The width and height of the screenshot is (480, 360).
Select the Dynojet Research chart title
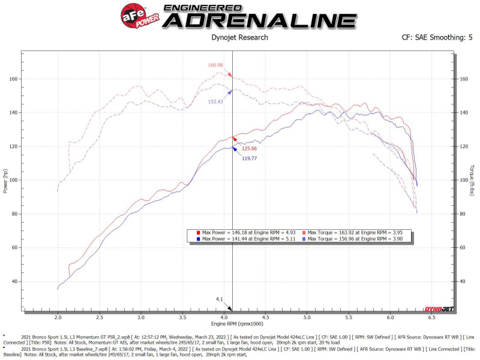click(x=240, y=37)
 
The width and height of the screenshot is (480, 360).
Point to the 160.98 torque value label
click(x=215, y=65)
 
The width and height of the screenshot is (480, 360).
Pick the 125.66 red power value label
click(x=249, y=148)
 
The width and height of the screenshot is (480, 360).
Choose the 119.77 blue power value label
click(x=249, y=158)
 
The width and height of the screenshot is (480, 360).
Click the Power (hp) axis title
click(x=5, y=181)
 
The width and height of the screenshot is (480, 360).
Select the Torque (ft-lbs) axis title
click(x=472, y=181)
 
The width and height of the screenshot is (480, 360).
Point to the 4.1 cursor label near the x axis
click(x=220, y=298)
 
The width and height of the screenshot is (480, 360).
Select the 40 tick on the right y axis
click(x=463, y=281)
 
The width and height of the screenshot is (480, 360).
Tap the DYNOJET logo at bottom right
click(x=439, y=310)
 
